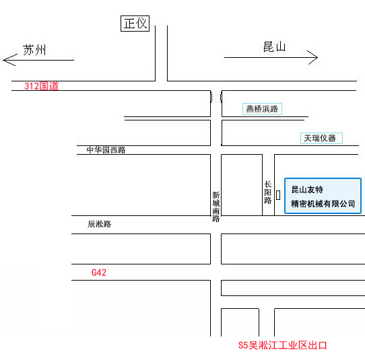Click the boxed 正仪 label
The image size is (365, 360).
click(135, 24)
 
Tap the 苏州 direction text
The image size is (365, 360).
click(34, 50)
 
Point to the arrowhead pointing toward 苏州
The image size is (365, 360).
click(10, 60)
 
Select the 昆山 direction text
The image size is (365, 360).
click(275, 47)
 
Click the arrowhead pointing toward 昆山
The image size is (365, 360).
click(312, 57)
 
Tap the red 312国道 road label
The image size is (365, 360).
click(42, 86)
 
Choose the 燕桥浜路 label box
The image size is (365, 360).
click(263, 109)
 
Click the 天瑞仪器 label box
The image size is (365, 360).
click(321, 138)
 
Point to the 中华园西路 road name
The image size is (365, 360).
click(106, 150)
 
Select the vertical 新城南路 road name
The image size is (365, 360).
click(215, 207)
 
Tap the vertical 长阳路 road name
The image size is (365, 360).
click(268, 192)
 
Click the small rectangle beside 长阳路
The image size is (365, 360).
click(278, 195)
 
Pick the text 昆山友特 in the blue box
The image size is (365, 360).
click(307, 190)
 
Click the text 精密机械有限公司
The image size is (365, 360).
click(323, 204)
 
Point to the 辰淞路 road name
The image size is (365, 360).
click(100, 224)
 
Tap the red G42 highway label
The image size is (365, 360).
click(99, 273)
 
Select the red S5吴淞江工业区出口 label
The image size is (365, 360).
click(282, 345)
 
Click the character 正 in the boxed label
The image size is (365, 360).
click(129, 24)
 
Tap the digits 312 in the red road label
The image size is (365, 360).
click(32, 86)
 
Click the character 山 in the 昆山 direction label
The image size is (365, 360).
click(281, 47)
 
